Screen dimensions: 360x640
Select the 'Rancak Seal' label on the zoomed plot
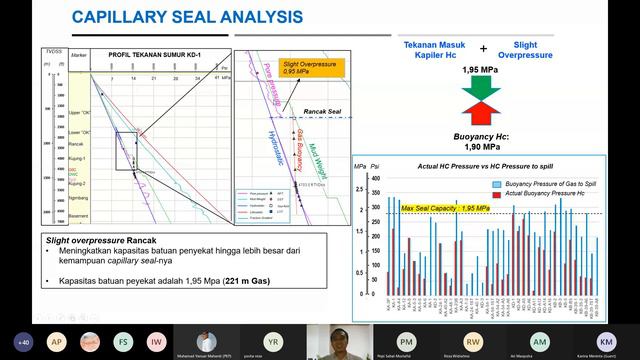pos(311,110)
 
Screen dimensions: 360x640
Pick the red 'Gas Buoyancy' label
pos(298,145)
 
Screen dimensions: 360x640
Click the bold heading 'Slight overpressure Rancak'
pos(98,241)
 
